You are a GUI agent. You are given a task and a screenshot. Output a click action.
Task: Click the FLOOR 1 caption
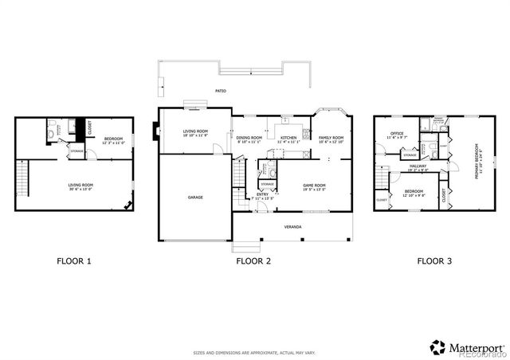[74, 260]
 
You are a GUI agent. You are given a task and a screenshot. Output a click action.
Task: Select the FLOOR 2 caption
[253, 260]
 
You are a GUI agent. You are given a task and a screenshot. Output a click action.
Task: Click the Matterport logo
[467, 346]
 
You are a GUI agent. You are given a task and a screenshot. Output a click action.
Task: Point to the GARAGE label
[195, 198]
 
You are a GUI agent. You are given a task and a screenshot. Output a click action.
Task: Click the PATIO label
[220, 92]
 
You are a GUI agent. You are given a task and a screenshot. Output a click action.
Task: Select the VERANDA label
[292, 227]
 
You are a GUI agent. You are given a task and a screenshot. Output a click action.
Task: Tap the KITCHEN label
[288, 139]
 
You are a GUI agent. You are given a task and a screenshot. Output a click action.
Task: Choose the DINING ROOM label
[249, 139]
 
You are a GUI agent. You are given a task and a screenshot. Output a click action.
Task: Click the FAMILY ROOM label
[331, 139]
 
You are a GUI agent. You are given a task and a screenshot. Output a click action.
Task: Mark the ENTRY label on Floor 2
[262, 194]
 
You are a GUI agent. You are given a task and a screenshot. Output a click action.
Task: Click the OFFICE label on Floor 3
[396, 133]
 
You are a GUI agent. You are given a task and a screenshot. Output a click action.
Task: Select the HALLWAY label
[418, 166]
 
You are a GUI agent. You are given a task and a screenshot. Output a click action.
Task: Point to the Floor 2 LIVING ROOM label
[195, 131]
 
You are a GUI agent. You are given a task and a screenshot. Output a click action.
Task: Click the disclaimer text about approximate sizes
[254, 352]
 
